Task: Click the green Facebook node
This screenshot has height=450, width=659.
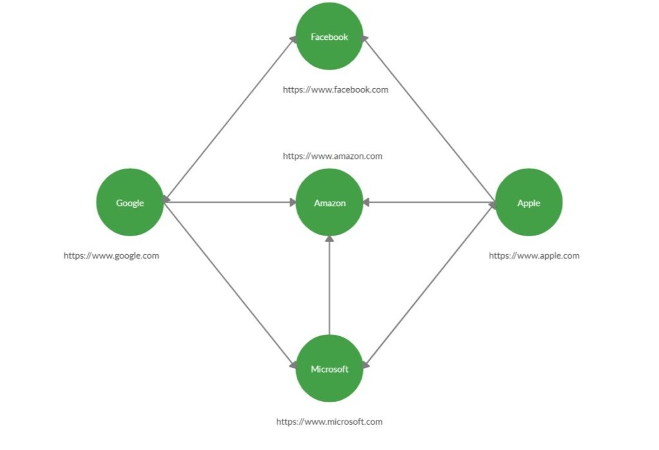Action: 329,36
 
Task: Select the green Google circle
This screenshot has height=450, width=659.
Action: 130,202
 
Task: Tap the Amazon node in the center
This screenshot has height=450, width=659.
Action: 329,202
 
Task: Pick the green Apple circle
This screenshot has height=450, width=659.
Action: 529,202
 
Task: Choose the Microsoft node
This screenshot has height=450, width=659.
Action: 329,368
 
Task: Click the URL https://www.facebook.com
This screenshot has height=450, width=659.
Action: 335,89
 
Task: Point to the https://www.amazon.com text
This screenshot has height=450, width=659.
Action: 333,156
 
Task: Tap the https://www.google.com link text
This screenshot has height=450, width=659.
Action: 111,256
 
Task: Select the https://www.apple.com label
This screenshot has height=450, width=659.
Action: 534,256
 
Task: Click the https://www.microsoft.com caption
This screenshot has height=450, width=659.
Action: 329,422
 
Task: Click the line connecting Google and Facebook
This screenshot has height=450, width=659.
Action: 230,119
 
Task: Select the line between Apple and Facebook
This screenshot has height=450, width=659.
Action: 429,119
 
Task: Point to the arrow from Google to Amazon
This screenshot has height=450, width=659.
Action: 230,202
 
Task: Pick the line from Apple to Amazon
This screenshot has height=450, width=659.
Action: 429,202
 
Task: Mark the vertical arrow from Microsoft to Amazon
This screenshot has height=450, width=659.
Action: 329,285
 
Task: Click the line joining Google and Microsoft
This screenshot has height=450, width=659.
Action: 230,285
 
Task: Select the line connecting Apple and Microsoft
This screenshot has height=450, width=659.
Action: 429,285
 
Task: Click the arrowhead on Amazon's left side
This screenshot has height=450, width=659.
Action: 293,202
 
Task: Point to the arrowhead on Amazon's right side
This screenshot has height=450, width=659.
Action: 366,202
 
